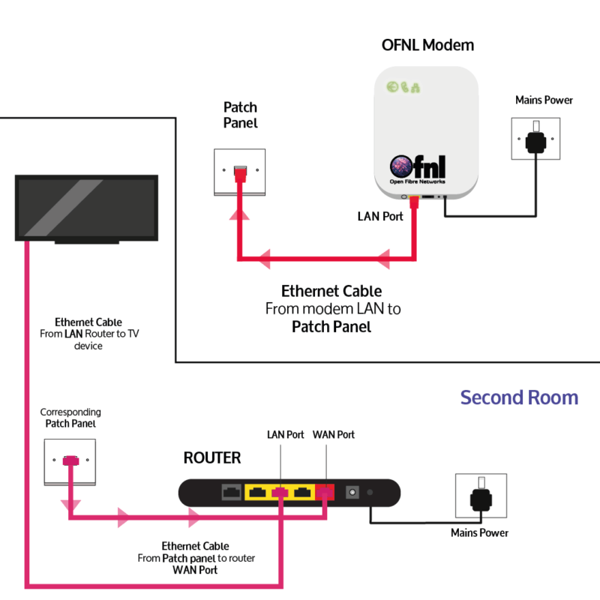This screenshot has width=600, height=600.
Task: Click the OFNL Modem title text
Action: [x=427, y=45]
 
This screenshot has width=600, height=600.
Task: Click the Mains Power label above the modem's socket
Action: [x=544, y=100]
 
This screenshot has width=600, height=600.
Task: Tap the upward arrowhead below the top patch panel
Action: [x=238, y=217]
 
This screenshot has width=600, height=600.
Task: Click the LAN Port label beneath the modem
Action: [x=379, y=217]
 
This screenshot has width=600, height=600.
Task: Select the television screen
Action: [x=87, y=208]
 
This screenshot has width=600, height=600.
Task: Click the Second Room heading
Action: [x=519, y=397]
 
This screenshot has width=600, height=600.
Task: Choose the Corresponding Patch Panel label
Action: [x=70, y=418]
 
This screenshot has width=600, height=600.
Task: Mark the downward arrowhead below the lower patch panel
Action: [x=70, y=503]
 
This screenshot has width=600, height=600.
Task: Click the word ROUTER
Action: [x=212, y=457]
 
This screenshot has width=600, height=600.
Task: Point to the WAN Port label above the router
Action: [x=333, y=435]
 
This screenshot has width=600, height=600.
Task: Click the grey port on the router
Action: [x=231, y=493]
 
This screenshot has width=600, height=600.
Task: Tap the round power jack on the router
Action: [x=350, y=493]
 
